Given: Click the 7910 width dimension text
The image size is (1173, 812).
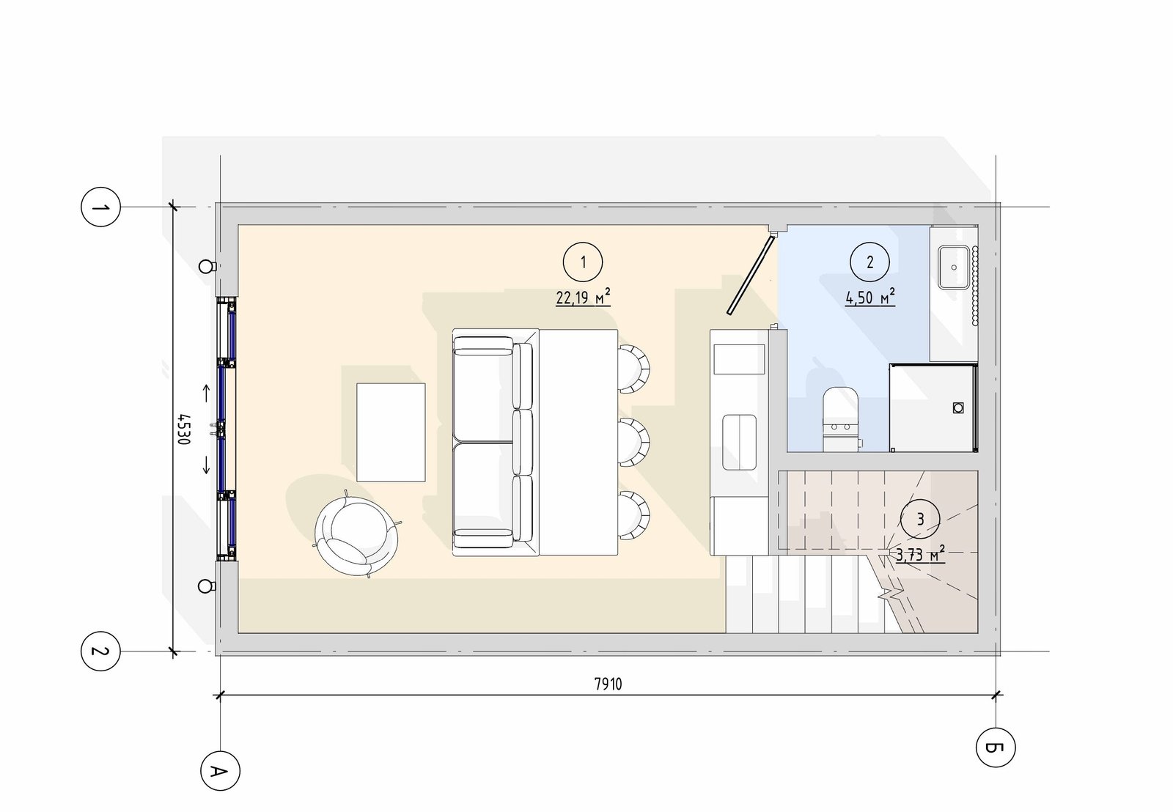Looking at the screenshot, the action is (608, 684).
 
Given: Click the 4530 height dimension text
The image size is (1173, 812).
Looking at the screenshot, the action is (183, 429).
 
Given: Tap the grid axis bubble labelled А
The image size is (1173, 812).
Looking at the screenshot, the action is (220, 771).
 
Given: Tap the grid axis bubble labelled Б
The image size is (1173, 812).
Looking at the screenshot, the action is (996, 747).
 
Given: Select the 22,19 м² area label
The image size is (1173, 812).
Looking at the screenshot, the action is (583, 296).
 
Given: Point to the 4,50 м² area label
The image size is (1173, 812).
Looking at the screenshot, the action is (869, 296).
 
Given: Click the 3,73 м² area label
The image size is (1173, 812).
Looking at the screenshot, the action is (920, 554).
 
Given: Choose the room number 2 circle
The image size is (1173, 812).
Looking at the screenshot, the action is (869, 262).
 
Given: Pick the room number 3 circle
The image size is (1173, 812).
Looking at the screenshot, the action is (920, 519).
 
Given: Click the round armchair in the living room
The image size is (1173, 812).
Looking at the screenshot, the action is (356, 535).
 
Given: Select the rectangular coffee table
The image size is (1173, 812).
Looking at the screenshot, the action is (391, 432).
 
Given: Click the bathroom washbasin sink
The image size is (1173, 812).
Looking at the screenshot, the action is (954, 267).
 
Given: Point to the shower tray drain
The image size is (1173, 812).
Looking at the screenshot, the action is (957, 407).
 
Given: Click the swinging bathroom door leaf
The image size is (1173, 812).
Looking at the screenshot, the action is (751, 274).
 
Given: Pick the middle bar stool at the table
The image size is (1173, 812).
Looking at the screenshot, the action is (633, 442).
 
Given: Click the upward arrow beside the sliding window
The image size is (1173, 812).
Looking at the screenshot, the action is (206, 393).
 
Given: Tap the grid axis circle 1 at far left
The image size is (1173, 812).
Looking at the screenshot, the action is (100, 207).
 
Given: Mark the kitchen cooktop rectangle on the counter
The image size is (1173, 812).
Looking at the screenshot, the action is (739, 358).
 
